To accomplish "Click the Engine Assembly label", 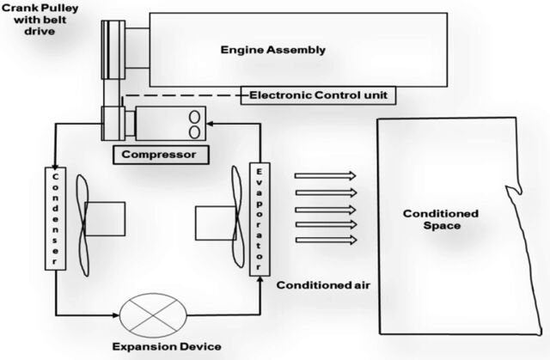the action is (273, 50).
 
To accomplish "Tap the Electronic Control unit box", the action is (318, 95).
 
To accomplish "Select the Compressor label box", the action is (161, 155).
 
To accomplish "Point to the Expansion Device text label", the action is (167, 346).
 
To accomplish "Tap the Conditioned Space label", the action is (441, 219).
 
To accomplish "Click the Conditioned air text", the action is (323, 285).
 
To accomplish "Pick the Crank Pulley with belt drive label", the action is (40, 19).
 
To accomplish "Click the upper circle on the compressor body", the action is (194, 117).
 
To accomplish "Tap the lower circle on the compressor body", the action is (194, 132).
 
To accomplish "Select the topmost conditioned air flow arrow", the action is (325, 175).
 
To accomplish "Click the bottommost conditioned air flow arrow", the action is (327, 240).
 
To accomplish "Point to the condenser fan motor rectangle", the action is (105, 219).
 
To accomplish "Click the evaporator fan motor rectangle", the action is (216, 223).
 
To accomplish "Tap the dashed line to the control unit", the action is (183, 95).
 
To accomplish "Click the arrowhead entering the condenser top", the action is (55, 168).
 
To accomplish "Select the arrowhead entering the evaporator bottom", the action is (260, 279).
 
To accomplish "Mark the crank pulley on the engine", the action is (113, 50).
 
